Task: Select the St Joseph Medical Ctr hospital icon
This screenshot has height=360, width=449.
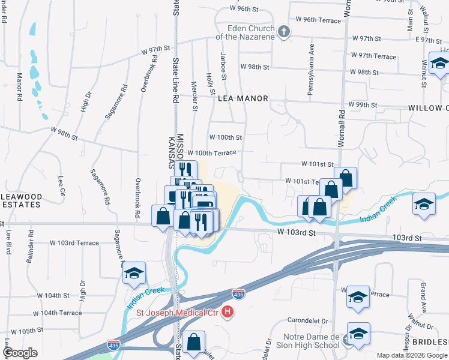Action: tap(228, 311)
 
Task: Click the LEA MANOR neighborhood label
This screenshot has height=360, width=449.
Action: tap(243, 97)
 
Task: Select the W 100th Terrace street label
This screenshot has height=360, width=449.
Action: tap(212, 153)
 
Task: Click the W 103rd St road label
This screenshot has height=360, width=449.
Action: tap(296, 231)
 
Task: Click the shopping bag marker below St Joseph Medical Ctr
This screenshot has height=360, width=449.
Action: tap(193, 343)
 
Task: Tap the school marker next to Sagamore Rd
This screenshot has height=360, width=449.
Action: tap(134, 274)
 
